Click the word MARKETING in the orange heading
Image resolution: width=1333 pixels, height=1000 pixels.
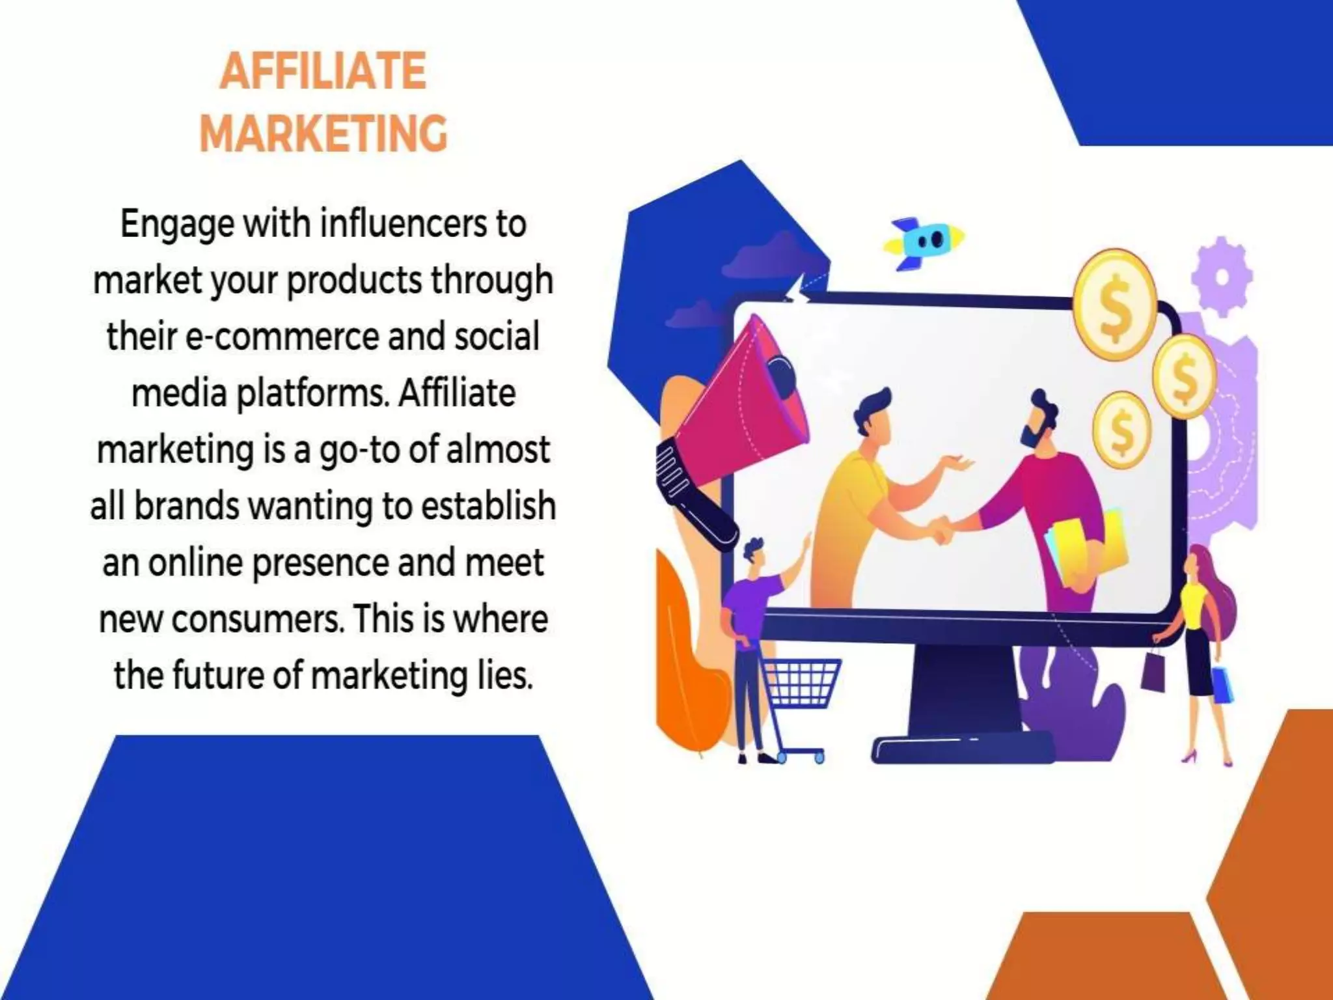click(323, 133)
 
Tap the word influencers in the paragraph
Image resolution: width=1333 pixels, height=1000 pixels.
click(403, 224)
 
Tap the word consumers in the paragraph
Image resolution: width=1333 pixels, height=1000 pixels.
click(255, 619)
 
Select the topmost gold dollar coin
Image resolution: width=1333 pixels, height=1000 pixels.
click(1114, 305)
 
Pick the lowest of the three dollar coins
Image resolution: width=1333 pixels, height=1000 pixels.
click(1121, 429)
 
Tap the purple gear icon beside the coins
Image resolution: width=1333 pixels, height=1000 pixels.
click(1222, 276)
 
